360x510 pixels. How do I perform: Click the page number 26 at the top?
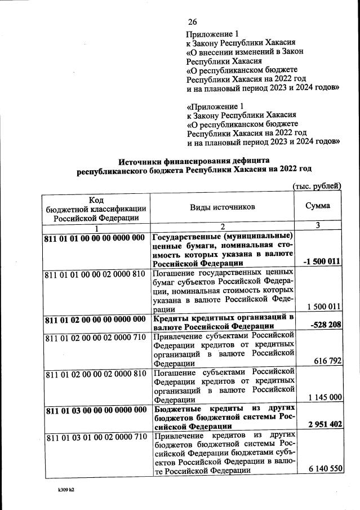192,22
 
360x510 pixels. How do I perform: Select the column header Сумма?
318,206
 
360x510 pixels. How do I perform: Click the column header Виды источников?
222,207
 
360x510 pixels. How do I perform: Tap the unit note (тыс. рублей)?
317,186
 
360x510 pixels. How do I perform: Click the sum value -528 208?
326,326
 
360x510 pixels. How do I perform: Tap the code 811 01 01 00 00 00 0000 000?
95,237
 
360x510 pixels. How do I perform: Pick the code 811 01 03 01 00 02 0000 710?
95,437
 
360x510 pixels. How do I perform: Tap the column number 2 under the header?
222,227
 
